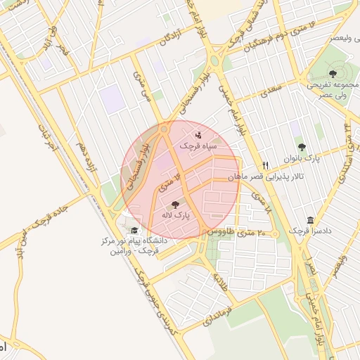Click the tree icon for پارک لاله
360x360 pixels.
(175, 204)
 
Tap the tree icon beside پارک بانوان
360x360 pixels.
(302, 147)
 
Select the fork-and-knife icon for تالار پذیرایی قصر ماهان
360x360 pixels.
(265, 165)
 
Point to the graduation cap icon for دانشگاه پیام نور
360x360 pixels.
(134, 231)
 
